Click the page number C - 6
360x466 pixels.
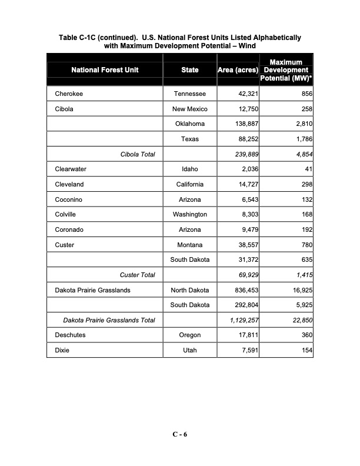(x=179, y=434)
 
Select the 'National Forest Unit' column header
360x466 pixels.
(x=105, y=70)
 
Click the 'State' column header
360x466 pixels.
(x=189, y=70)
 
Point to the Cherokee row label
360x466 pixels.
(x=68, y=94)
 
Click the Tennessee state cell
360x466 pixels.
(x=189, y=94)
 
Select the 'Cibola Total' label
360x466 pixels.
(x=137, y=154)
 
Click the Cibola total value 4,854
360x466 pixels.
(x=301, y=154)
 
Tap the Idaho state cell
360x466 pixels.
(x=189, y=169)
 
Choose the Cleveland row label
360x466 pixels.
(x=69, y=184)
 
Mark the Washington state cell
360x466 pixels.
(x=189, y=215)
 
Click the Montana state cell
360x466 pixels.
(x=189, y=245)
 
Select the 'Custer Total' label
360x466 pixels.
(x=137, y=275)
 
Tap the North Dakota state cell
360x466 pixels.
(x=189, y=290)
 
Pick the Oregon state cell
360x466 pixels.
(x=189, y=335)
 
